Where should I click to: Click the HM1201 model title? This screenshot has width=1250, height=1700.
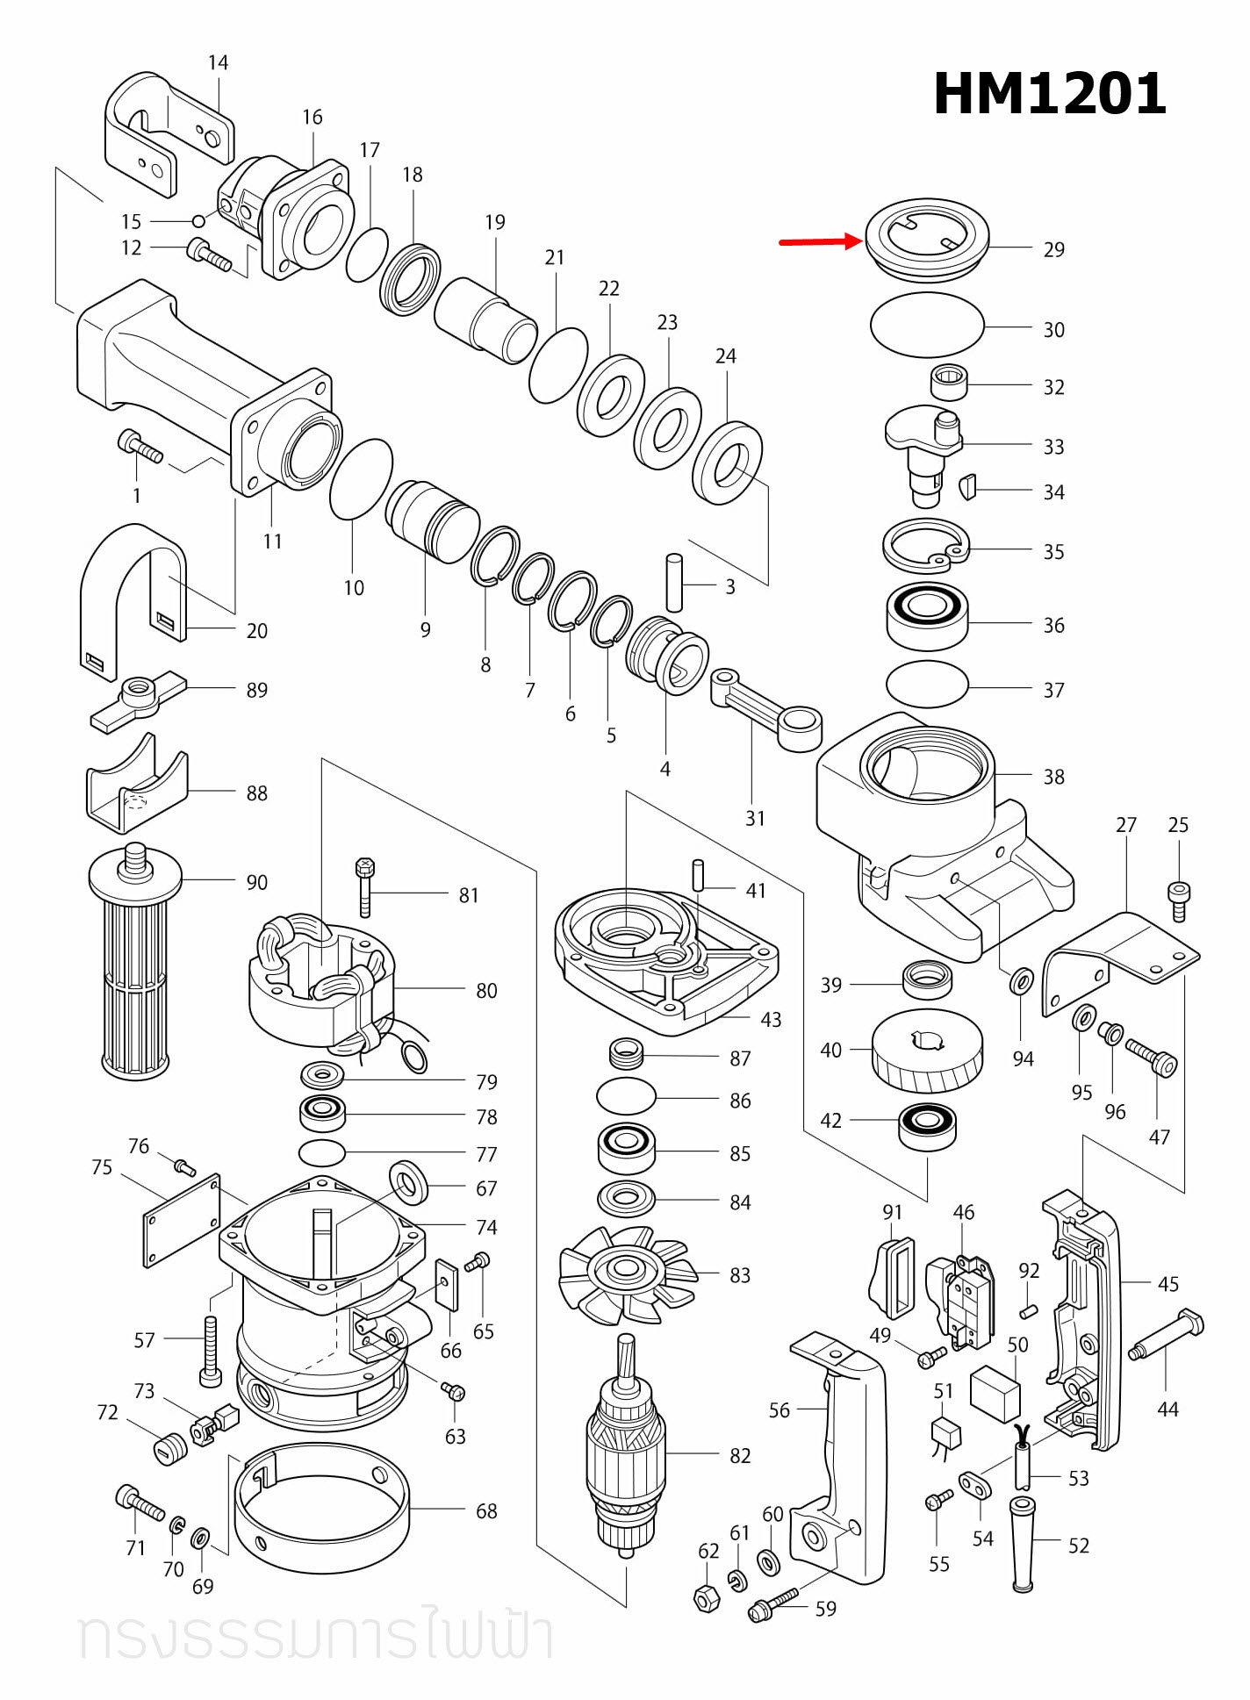[x=1049, y=94]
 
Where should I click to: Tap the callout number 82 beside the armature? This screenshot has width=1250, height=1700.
[x=740, y=1456]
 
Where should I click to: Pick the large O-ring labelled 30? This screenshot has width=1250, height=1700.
[x=927, y=325]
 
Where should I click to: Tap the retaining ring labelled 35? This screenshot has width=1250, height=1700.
[x=925, y=546]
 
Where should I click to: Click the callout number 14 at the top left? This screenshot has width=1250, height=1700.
[x=218, y=62]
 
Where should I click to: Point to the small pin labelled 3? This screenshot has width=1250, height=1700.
[x=674, y=582]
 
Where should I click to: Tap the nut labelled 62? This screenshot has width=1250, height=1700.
[x=707, y=1598]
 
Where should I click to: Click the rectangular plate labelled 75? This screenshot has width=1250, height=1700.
[x=182, y=1221]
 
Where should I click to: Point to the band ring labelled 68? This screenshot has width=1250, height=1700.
[x=321, y=1508]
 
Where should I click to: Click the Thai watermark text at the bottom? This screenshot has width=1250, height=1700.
[x=316, y=1635]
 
